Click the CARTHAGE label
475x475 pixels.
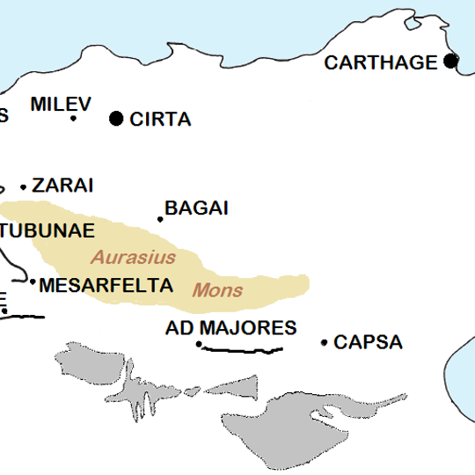click(x=380, y=62)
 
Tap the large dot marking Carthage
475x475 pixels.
click(x=451, y=61)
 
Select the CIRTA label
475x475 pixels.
click(x=160, y=120)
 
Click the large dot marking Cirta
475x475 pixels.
click(x=116, y=119)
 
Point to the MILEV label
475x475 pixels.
click(x=61, y=104)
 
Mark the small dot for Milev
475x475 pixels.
click(x=73, y=118)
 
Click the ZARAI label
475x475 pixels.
click(x=62, y=186)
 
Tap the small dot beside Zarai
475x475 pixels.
click(x=24, y=186)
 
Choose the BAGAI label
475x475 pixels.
click(x=197, y=208)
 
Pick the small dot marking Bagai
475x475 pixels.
click(x=160, y=219)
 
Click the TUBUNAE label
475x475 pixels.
click(x=47, y=230)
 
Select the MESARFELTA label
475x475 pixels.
click(x=106, y=286)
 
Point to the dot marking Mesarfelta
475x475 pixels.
click(x=33, y=282)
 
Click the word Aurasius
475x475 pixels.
click(x=134, y=258)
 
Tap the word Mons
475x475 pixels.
click(x=217, y=289)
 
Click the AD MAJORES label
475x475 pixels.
click(x=231, y=328)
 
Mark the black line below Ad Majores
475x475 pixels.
click(x=242, y=350)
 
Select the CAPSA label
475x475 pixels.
click(x=368, y=342)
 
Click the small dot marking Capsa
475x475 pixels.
click(x=324, y=342)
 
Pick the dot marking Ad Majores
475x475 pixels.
click(x=199, y=344)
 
